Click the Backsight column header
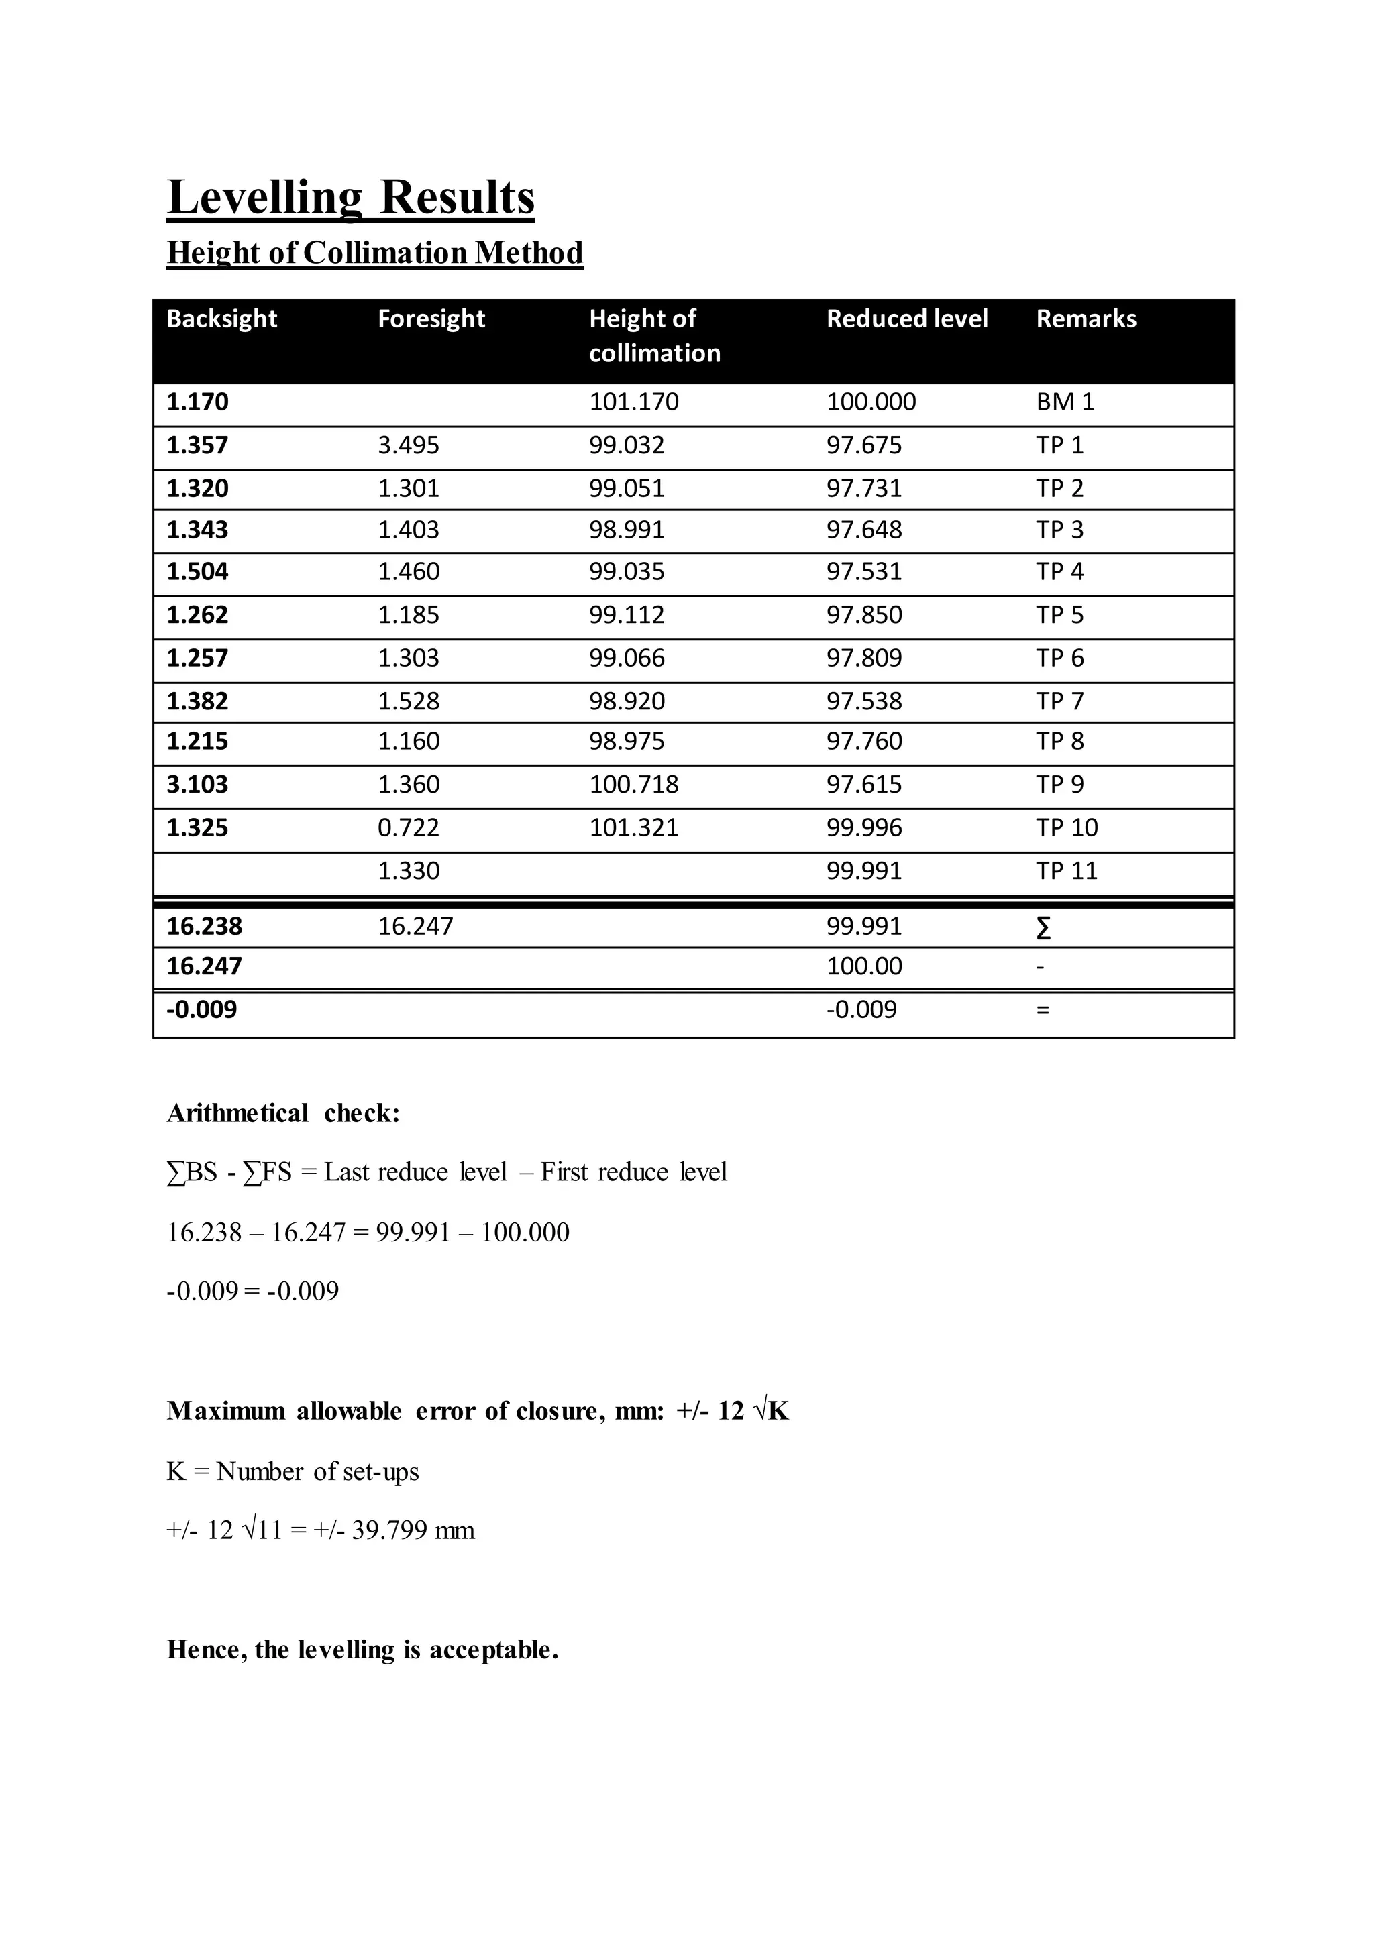(x=221, y=319)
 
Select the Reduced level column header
(x=906, y=319)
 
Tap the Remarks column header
(x=1086, y=319)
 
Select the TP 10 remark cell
(x=1066, y=828)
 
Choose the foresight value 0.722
(x=408, y=828)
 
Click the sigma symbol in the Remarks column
(x=1043, y=929)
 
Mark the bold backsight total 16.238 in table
(x=204, y=927)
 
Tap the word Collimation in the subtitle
(x=385, y=253)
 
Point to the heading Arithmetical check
(x=282, y=1114)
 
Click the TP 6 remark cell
(x=1059, y=658)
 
